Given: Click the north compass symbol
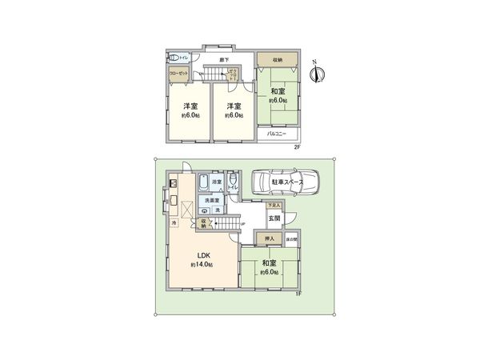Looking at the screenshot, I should [x=319, y=74].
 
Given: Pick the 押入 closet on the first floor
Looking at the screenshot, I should [x=270, y=238].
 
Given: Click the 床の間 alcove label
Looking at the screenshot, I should [x=293, y=238].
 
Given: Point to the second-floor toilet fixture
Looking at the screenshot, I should [x=174, y=58].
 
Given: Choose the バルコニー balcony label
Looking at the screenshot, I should [x=277, y=134].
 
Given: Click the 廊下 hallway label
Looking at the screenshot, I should [x=226, y=60].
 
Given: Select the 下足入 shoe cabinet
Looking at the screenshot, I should [x=274, y=206].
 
